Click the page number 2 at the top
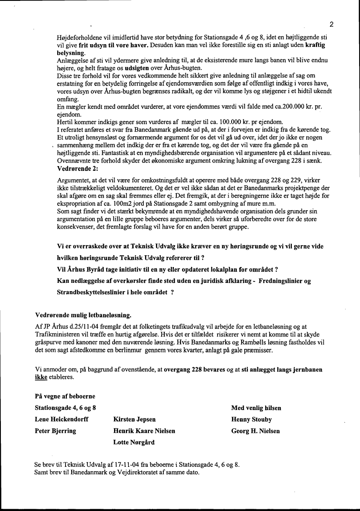[x=332, y=24]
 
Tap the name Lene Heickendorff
[x=61, y=420]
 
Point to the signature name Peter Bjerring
[x=55, y=431]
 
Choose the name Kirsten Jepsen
[x=134, y=420]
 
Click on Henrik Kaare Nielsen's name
[x=144, y=431]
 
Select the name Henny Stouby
[x=251, y=420]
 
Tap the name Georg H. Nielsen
[x=255, y=431]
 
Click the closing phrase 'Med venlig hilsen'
[x=256, y=408]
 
